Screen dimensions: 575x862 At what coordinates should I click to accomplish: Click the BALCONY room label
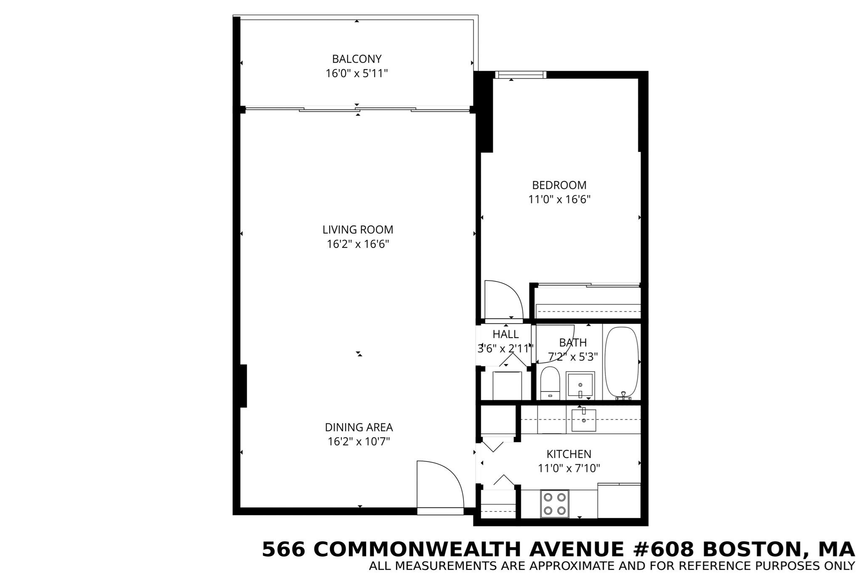coord(357,59)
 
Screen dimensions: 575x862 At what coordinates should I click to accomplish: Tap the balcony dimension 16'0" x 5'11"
coord(357,74)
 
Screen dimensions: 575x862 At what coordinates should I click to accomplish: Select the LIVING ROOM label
coord(358,230)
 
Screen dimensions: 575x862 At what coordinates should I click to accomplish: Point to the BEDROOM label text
coord(559,185)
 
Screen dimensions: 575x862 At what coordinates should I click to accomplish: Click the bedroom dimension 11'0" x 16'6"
coord(559,200)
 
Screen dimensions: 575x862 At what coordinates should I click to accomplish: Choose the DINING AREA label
coord(359,427)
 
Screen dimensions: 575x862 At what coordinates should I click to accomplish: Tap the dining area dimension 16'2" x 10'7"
coord(359,442)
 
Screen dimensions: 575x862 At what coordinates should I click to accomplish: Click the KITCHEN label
coord(569,454)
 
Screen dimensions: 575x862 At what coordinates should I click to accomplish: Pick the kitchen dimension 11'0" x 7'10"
coord(569,468)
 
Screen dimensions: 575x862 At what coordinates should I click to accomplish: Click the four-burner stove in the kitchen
coord(554,504)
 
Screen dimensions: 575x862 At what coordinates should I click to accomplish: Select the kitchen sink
coord(584,420)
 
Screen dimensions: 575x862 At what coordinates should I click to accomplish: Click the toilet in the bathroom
coord(549,382)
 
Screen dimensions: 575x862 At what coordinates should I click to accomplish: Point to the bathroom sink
coord(580,384)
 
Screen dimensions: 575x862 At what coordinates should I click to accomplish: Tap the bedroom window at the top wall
coord(520,75)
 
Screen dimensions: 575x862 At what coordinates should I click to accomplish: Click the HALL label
coord(505,334)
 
